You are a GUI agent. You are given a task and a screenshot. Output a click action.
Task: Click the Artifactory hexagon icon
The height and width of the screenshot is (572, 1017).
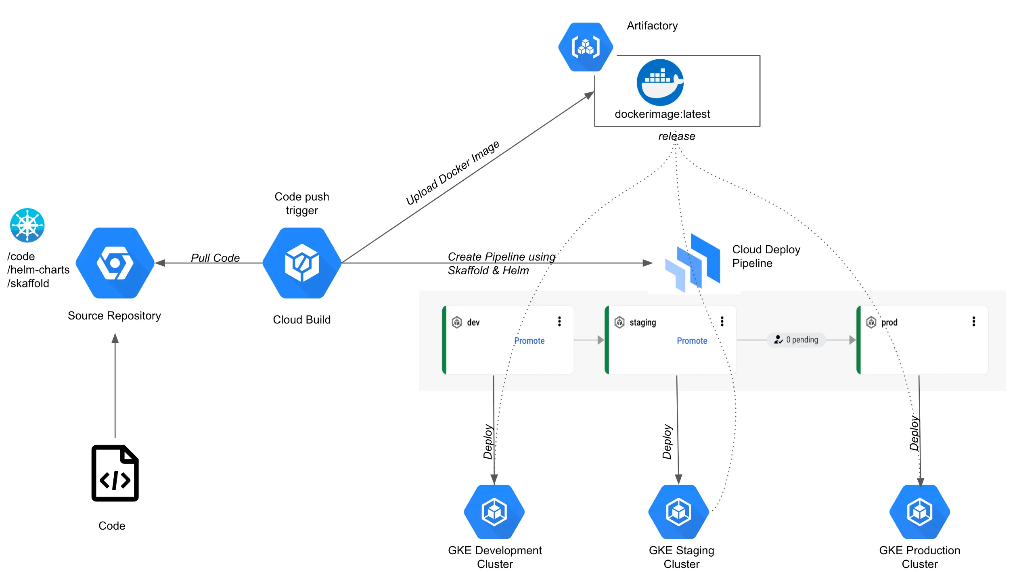pos(586,47)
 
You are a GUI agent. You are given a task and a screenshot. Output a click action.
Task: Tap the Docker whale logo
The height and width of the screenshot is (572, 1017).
pos(660,82)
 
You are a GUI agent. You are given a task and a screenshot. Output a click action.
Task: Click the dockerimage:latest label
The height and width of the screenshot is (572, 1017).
pos(662,114)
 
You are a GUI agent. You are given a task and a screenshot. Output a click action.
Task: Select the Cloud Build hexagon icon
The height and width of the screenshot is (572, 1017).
pos(302,263)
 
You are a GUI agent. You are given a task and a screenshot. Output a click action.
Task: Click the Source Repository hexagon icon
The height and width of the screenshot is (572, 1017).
pos(115,263)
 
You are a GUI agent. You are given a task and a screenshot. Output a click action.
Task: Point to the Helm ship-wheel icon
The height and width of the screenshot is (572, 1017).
pos(27,225)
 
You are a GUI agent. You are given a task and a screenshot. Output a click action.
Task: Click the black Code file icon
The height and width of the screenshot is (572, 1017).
pos(115,473)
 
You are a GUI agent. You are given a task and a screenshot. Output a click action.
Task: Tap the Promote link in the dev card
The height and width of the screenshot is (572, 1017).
pos(529,341)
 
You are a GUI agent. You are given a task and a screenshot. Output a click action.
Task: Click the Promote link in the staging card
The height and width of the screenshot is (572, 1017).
pos(692,341)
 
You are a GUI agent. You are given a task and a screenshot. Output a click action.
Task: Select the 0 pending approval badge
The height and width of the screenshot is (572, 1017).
pos(796,340)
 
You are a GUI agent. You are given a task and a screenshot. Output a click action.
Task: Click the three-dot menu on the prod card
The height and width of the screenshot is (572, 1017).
pos(974,321)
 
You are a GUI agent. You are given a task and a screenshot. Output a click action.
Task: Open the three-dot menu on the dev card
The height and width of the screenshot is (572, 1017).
pos(559,321)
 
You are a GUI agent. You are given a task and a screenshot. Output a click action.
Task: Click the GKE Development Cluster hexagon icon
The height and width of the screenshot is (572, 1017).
pos(494,512)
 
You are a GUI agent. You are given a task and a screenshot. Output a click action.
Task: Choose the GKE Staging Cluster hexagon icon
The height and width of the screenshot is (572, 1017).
pos(678,512)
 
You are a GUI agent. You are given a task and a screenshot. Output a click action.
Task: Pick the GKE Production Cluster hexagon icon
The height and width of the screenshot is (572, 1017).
pos(919,512)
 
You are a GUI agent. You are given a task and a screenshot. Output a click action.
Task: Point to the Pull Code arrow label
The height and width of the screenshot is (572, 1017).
pos(215,258)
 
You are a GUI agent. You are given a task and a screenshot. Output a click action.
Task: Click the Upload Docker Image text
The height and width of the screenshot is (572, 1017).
pos(452,173)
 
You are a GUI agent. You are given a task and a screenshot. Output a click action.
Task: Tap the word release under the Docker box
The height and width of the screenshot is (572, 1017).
pos(676,136)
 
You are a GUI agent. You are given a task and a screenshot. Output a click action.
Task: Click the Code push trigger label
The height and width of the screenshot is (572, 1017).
pos(302,203)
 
